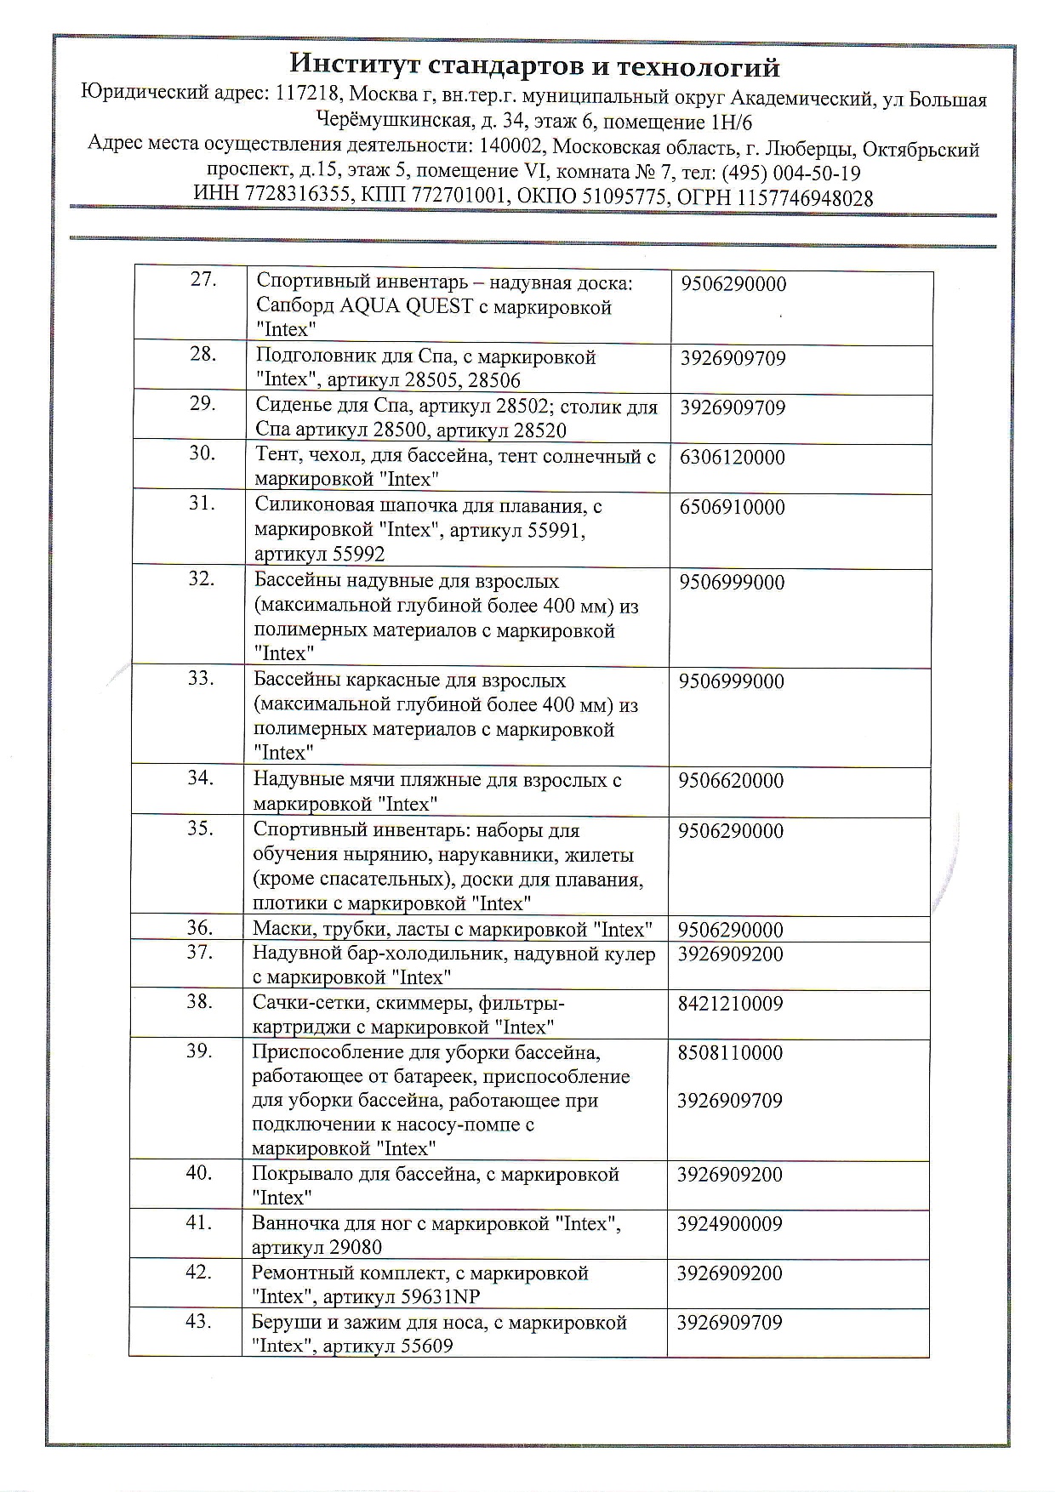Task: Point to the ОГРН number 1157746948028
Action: (806, 198)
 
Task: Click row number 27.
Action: (202, 280)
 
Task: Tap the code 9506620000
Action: (731, 781)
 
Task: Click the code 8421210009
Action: (730, 1004)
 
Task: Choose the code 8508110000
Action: (730, 1053)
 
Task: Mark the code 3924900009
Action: (730, 1224)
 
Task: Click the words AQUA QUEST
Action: (406, 307)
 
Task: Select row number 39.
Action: (199, 1051)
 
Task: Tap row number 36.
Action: (200, 928)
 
